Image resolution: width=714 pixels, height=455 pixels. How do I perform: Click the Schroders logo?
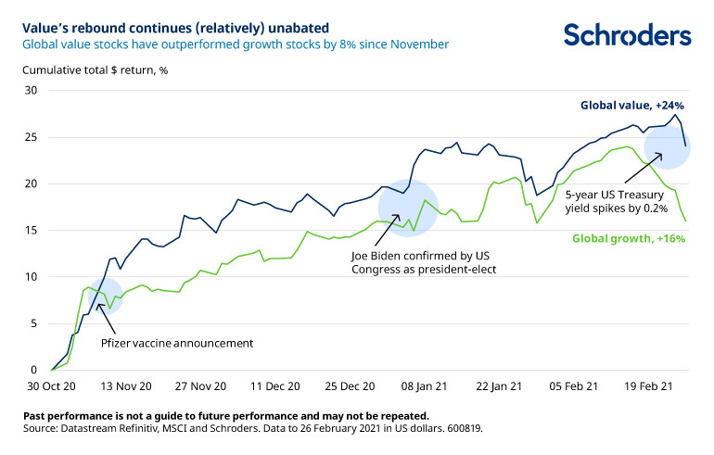tap(627, 35)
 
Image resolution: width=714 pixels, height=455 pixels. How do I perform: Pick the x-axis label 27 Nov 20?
tap(200, 386)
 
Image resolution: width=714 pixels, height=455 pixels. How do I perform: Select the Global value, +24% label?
tap(631, 106)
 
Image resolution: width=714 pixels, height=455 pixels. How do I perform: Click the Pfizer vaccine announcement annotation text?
tap(177, 343)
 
